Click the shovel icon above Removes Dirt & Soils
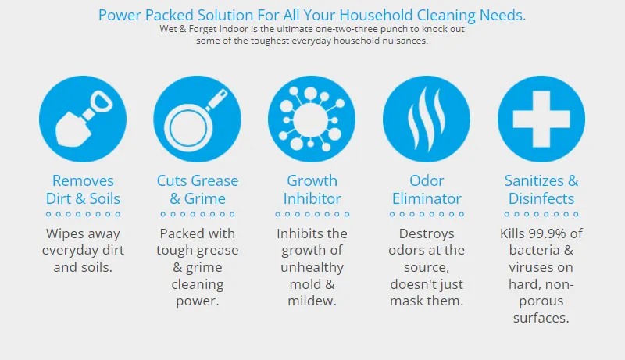[x=83, y=119]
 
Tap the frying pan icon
[x=198, y=119]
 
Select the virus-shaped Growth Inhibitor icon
[x=312, y=119]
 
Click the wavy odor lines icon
[x=427, y=119]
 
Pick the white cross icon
[x=541, y=119]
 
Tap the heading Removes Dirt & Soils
[x=83, y=190]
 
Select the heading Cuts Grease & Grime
[x=198, y=190]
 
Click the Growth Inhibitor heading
[x=312, y=190]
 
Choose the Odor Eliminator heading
[x=427, y=190]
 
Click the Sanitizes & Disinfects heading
[x=541, y=190]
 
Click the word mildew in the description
[x=311, y=301]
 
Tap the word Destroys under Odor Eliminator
[x=427, y=234]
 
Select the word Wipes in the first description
[x=63, y=234]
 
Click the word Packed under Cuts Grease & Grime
[x=179, y=233]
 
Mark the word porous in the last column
[x=541, y=301]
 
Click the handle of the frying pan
[x=216, y=98]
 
